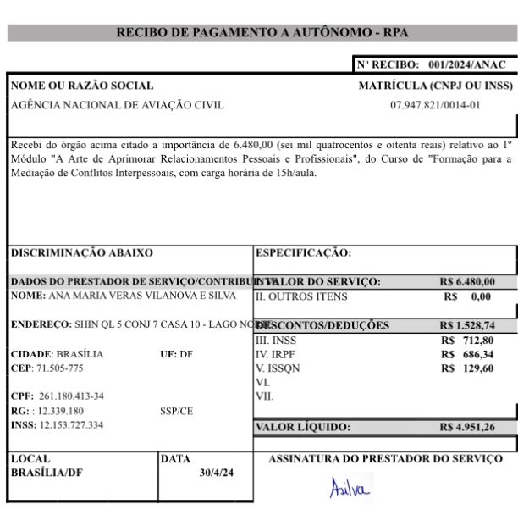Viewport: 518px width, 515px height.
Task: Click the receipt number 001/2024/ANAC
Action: tap(467, 64)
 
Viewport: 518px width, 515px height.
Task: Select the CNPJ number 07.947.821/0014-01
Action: tap(435, 106)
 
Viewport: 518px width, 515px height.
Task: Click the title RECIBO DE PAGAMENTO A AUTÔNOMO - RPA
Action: tap(262, 33)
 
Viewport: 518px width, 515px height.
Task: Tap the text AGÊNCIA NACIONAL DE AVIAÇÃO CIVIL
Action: tap(118, 106)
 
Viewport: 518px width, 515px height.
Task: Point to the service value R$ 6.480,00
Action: tap(468, 282)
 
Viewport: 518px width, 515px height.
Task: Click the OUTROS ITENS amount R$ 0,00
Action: tap(467, 297)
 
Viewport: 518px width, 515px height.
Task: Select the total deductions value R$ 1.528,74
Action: tap(467, 325)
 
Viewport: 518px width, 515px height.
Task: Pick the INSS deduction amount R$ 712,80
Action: tap(467, 340)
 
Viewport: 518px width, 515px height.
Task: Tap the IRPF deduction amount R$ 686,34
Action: tap(467, 354)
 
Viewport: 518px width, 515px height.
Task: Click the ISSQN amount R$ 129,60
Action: tap(467, 368)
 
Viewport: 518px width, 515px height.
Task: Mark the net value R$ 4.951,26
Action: tap(467, 428)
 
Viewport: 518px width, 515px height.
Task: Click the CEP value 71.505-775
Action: tap(59, 368)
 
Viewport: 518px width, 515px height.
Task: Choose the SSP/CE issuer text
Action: tap(176, 411)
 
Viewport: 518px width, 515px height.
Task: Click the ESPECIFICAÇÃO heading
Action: tap(303, 252)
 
